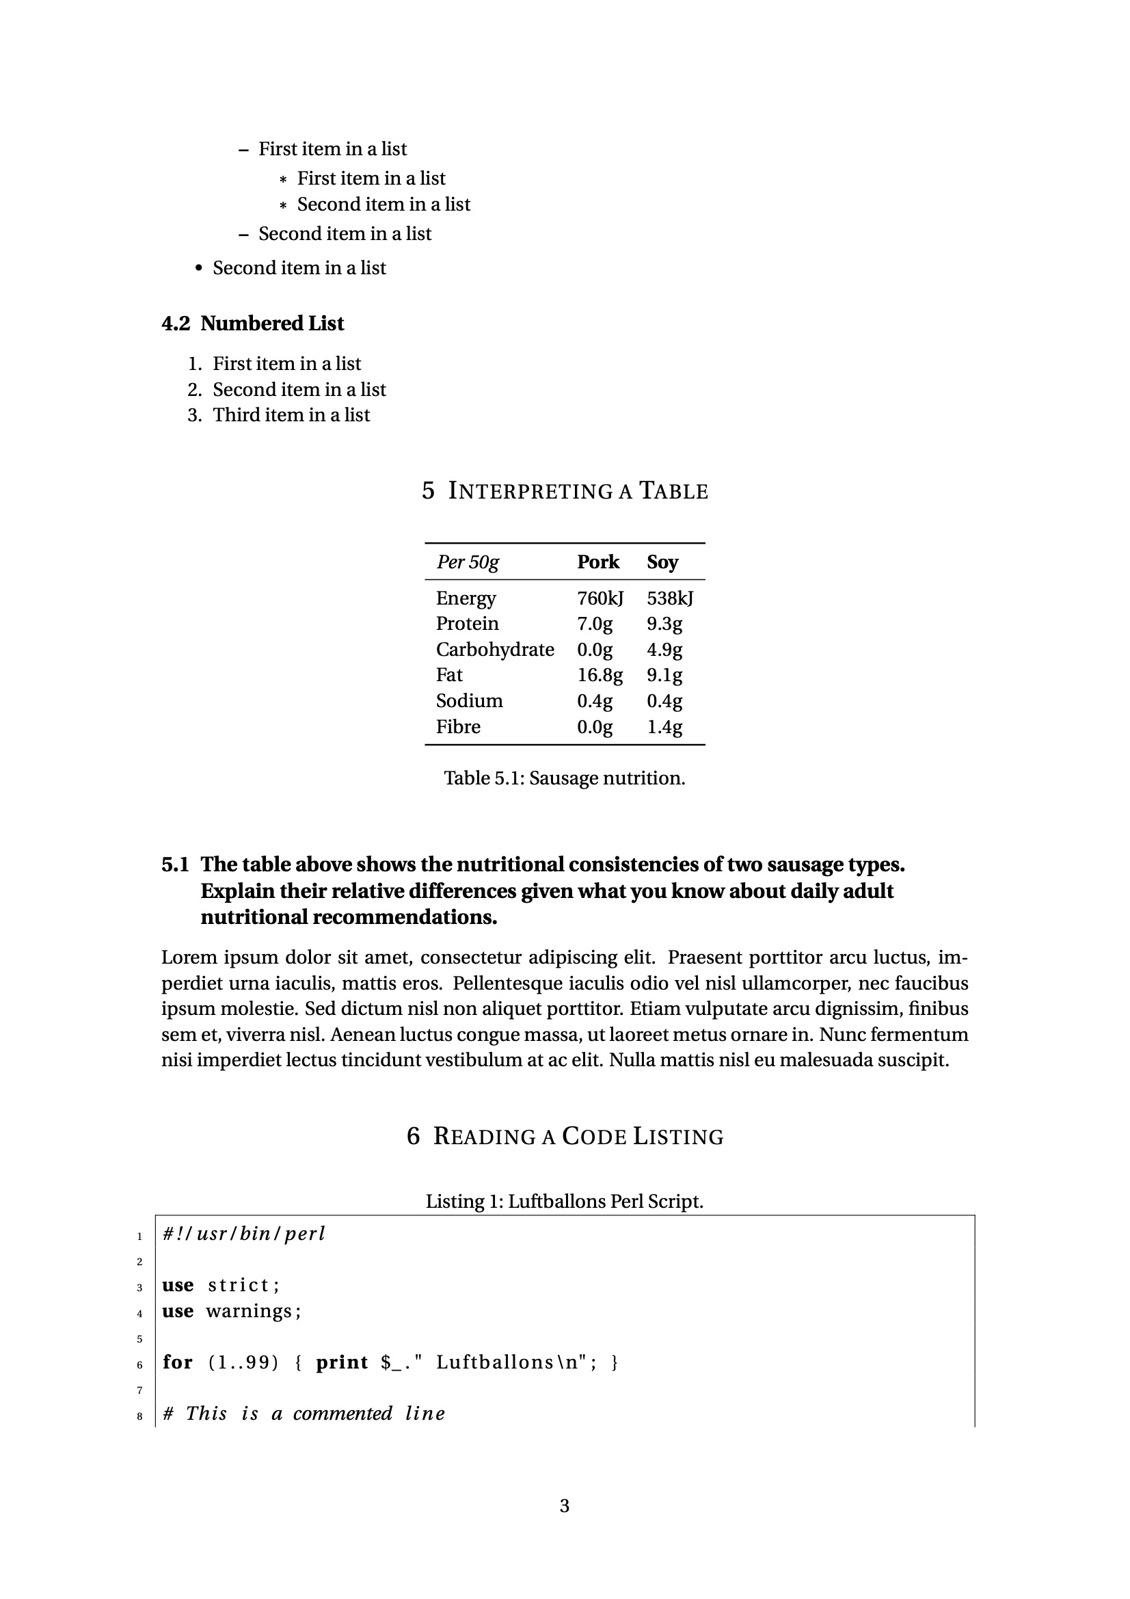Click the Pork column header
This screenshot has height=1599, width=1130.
597,562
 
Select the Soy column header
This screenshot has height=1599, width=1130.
662,562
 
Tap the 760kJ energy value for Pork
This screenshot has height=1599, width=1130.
600,598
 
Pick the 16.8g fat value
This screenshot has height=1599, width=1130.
600,675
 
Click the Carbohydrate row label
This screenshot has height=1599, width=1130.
494,650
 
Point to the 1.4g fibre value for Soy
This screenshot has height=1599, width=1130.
664,727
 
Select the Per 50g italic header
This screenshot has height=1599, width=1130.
467,562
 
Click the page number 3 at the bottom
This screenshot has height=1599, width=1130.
564,1506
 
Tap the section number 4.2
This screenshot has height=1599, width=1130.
176,324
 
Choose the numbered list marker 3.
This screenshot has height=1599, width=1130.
194,415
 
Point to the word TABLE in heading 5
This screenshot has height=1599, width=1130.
673,491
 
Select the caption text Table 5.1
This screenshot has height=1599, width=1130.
483,778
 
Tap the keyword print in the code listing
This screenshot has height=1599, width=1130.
342,1362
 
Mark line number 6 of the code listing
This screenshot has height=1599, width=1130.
139,1364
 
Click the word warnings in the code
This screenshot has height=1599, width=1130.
249,1311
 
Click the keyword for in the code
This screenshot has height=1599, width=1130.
178,1362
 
